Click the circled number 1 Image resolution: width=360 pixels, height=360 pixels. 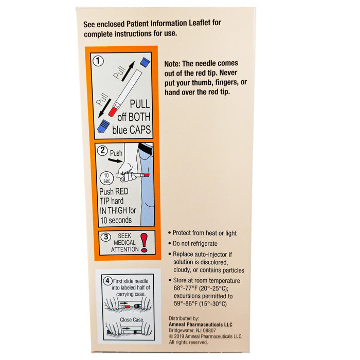(x=98, y=61)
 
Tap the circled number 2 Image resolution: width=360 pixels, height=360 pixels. (x=102, y=150)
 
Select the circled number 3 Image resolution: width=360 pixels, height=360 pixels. (x=106, y=237)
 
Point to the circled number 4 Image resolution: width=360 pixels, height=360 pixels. (x=107, y=281)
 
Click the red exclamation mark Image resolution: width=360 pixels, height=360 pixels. (x=144, y=243)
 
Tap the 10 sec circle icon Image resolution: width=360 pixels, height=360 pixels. (x=106, y=178)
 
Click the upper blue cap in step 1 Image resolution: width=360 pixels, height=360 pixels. (x=145, y=62)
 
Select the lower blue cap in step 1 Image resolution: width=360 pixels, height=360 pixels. (x=103, y=126)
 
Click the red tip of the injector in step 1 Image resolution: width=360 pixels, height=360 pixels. (x=113, y=112)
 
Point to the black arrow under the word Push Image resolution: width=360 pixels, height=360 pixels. (x=115, y=160)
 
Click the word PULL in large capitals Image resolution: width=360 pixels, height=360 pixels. (x=140, y=104)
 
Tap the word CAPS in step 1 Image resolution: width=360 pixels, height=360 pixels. (x=140, y=130)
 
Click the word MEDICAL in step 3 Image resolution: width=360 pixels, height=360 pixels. (x=124, y=243)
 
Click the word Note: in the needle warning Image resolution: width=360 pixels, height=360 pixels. (x=172, y=64)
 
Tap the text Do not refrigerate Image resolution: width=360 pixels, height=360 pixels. (x=195, y=244)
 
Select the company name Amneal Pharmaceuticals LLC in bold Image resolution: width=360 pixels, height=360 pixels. (x=201, y=325)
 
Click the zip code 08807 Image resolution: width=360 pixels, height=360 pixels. (x=209, y=330)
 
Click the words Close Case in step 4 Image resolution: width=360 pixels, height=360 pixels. (x=132, y=319)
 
